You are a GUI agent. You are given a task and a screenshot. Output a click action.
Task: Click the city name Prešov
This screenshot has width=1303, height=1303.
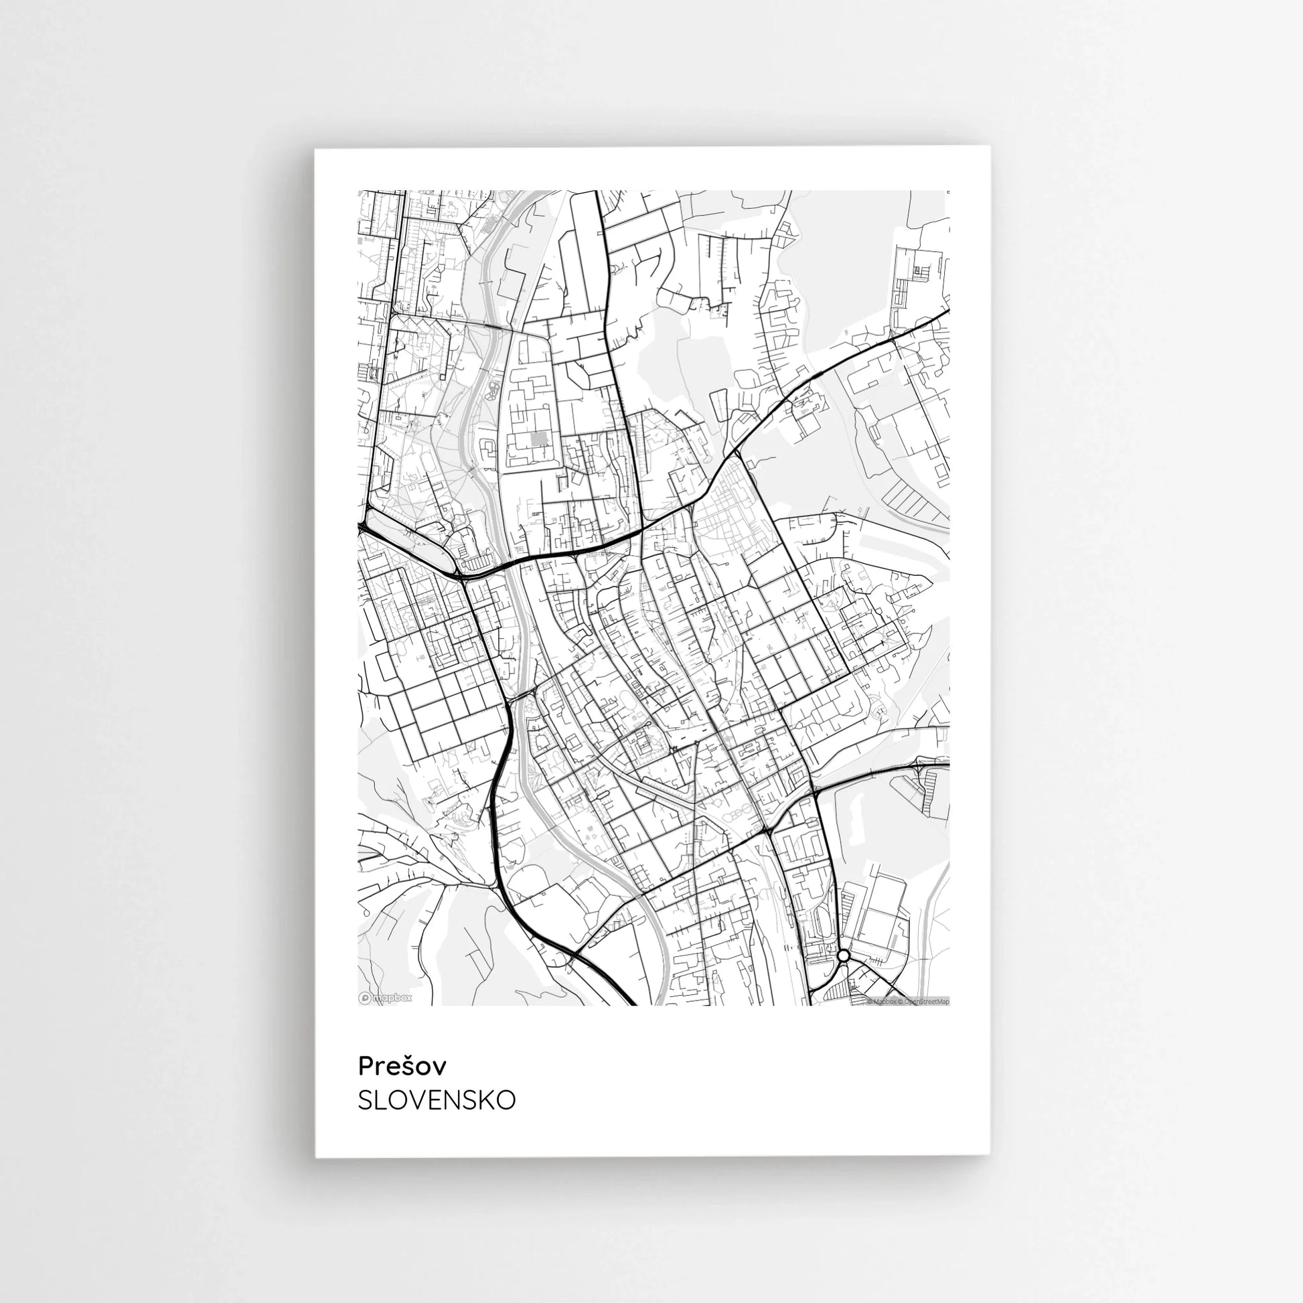pos(402,1066)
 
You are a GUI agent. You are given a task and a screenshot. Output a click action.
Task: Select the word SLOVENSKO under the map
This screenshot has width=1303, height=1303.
pos(437,1100)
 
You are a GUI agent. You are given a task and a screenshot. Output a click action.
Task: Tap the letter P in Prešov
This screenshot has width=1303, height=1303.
pos(365,1066)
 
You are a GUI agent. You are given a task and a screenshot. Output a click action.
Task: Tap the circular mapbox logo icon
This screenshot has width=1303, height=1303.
pos(365,998)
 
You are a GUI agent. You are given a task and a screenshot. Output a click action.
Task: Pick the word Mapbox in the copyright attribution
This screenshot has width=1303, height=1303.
pos(885,1002)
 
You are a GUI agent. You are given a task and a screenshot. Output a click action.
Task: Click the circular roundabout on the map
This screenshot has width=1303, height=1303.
pos(843,955)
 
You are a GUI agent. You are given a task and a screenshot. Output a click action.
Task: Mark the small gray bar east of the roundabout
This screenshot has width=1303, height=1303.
pos(876,960)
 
